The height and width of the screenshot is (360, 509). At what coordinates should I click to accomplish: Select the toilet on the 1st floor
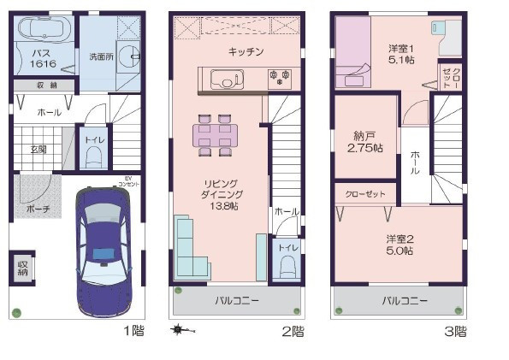pos(93,157)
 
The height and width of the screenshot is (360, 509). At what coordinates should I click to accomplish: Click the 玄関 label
pos(39,149)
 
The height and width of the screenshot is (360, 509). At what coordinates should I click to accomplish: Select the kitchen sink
pos(226,81)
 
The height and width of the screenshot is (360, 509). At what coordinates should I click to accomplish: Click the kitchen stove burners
pos(279,80)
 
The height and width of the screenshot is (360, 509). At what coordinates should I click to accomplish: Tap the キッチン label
pos(246,52)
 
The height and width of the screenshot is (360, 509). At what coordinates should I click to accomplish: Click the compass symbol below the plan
pos(179,329)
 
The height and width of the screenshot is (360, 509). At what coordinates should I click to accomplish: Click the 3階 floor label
pos(454,331)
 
